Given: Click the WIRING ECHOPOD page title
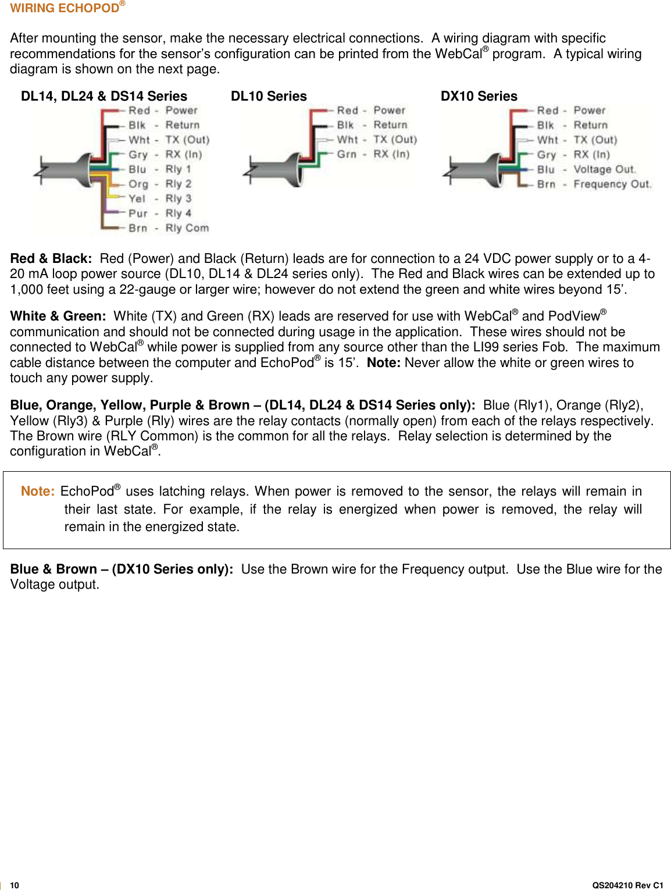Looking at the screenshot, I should coord(65,8).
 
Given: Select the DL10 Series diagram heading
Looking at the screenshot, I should coord(269,96).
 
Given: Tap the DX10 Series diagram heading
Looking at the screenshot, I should coord(479,96).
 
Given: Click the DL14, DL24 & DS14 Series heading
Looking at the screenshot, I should coord(104,96).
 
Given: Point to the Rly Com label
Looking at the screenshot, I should coord(187,228).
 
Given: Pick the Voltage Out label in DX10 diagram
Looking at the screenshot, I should coord(604,169).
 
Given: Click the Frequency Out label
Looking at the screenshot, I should coord(612,184).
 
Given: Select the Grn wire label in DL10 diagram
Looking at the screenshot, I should coord(347,154).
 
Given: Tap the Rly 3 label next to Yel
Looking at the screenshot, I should coord(178,198).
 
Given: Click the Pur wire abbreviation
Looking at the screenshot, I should coord(138,213).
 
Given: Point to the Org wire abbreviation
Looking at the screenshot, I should coord(138,184).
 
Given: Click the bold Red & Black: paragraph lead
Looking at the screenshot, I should coord(51,258).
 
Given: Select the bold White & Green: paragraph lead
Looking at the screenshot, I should coord(58,316).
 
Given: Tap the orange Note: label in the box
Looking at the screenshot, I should coord(38,491).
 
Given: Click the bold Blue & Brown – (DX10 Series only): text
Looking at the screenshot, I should coord(122,569).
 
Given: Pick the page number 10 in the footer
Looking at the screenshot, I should coord(15,885).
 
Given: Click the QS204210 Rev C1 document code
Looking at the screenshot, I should coord(627,885).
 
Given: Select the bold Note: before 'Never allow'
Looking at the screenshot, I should coord(383,362).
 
